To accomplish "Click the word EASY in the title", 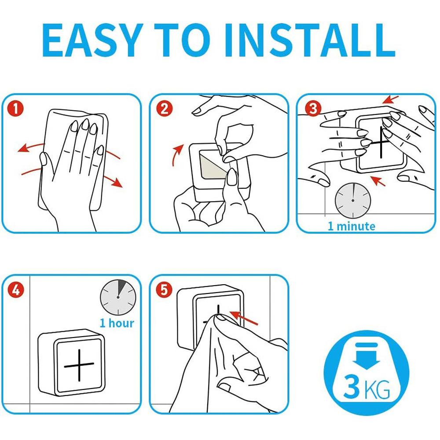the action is point(92,40).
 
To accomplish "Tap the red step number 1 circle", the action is point(16,109).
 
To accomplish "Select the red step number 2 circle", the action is point(164,109).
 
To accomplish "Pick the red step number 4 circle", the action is point(16,290).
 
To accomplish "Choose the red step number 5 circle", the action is point(164,290).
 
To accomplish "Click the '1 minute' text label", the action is point(351,226).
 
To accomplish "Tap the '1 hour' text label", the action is point(117,323).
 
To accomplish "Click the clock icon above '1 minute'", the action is point(353,200).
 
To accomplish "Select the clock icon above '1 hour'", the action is point(118,297).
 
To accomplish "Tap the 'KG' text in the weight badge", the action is point(376,389).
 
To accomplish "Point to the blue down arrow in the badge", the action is point(366,356).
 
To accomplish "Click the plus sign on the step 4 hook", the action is point(79,365).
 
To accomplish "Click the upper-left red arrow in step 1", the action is point(30,147).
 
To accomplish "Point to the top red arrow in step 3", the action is point(391,99).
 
